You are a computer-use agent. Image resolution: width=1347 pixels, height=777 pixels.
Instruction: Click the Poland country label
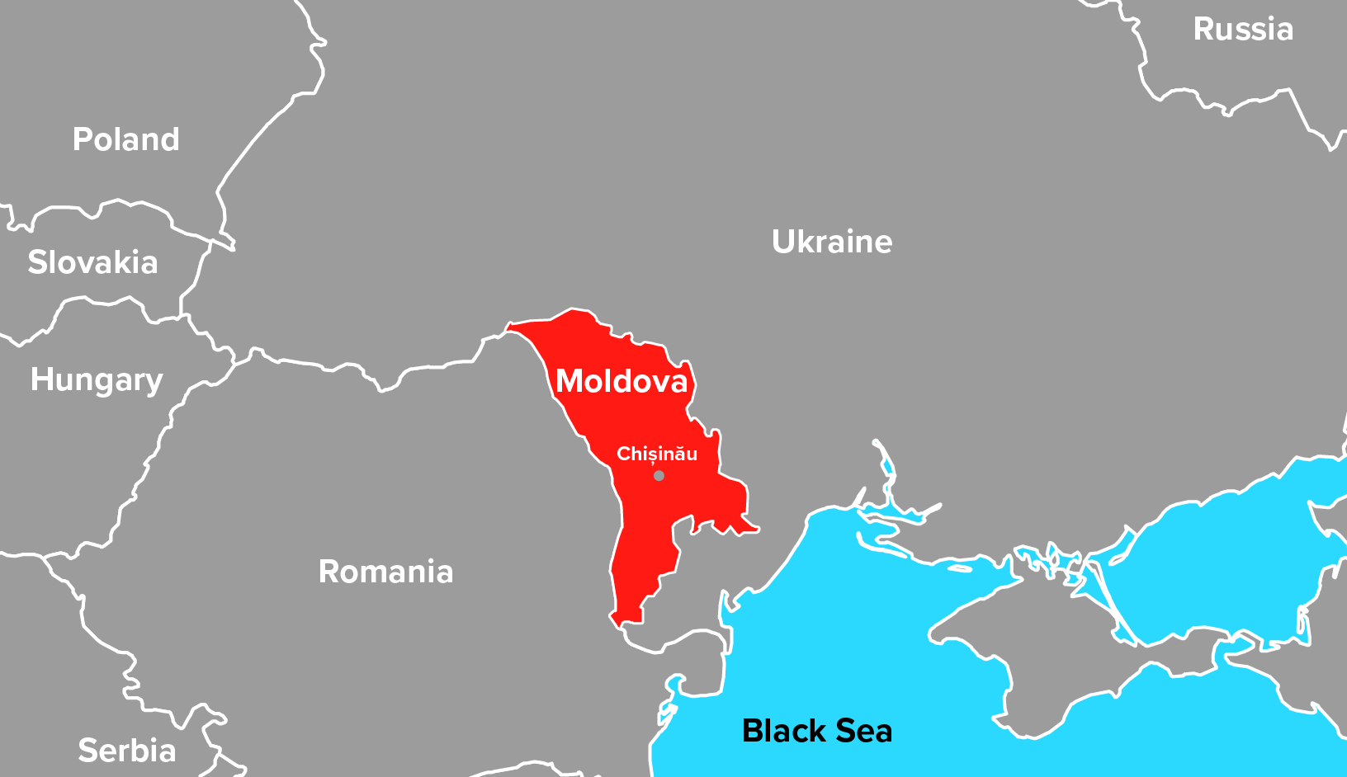125,139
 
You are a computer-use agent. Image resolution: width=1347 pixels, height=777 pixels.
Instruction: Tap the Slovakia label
92,262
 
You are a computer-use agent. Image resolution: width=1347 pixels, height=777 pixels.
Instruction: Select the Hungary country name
97,380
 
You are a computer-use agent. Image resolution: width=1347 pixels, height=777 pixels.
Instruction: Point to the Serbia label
126,751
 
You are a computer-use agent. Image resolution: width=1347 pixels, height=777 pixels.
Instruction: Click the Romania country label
385,572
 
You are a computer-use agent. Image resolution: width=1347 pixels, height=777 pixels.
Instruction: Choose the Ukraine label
831,242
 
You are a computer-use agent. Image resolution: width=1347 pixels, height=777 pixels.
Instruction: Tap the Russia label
1243,30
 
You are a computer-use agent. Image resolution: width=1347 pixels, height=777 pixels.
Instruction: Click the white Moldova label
622,381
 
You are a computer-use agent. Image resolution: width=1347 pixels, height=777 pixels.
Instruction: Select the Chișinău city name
657,454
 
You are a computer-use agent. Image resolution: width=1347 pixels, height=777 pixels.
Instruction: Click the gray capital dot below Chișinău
659,475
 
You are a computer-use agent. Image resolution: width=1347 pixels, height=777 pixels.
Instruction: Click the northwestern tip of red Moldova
509,328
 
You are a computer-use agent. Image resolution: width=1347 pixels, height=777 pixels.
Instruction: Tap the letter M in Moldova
570,381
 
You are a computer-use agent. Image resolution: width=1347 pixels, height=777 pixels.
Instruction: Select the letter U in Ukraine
784,242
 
